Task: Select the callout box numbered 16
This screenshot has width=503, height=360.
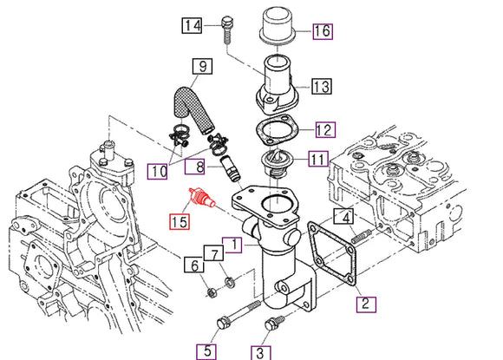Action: point(322,31)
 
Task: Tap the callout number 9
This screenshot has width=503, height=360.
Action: point(201,65)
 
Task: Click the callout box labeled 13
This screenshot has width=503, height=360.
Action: point(321,86)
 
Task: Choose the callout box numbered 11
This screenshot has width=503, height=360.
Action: point(317,159)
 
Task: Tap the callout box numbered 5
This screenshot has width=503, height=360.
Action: point(206,350)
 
